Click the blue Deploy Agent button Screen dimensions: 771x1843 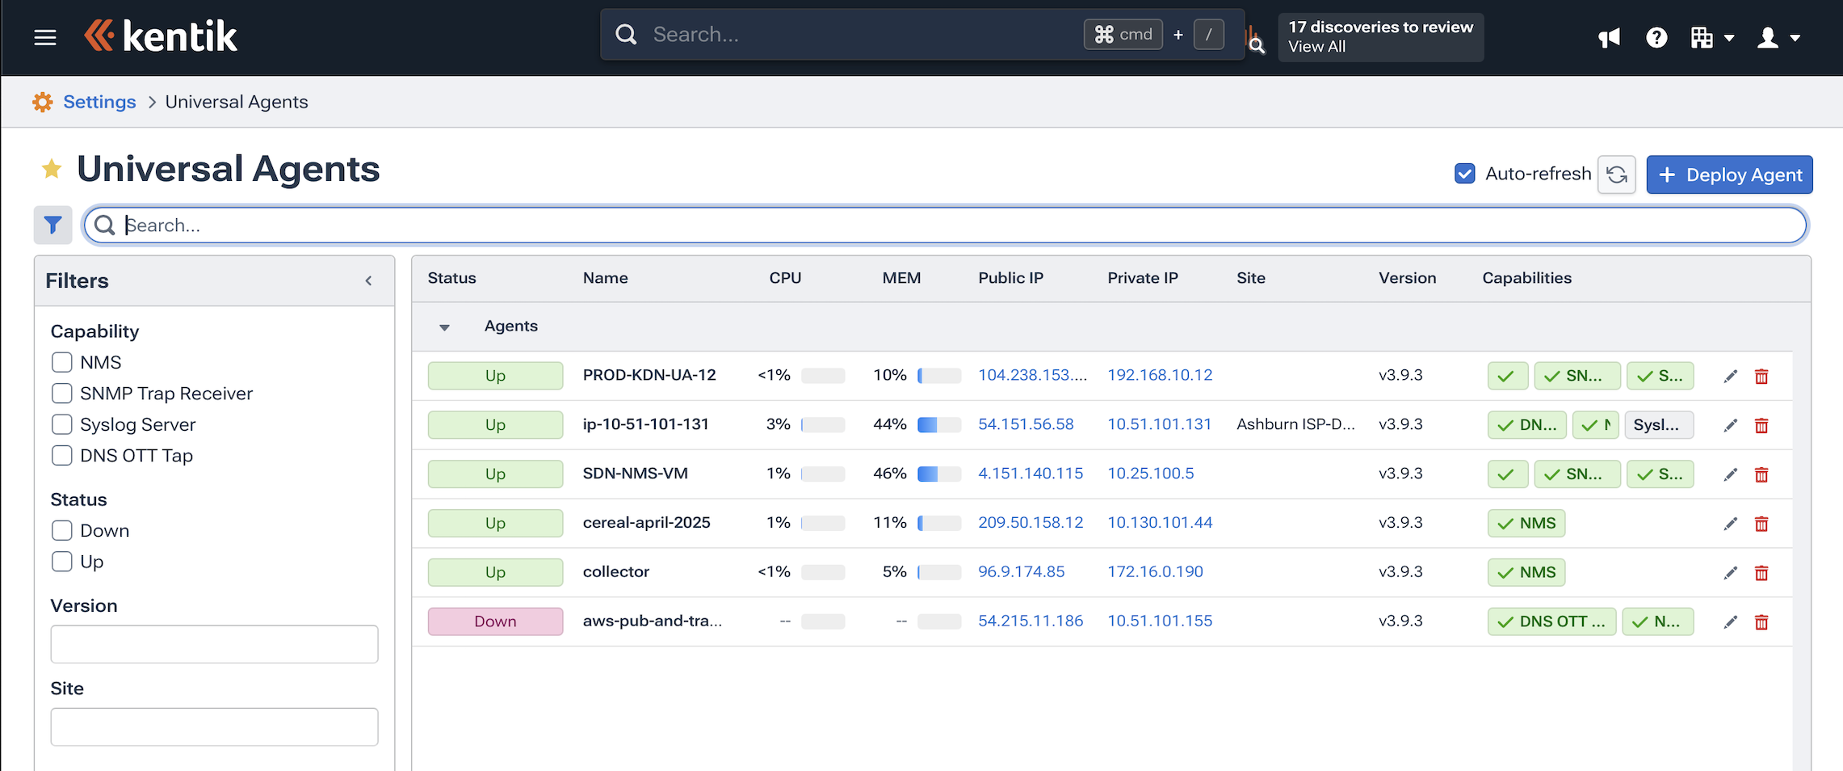click(x=1729, y=175)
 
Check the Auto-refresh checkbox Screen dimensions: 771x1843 click(x=1464, y=174)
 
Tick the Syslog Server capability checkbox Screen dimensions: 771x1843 click(x=62, y=424)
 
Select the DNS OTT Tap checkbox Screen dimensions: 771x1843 click(x=62, y=455)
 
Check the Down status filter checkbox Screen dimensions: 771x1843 click(x=62, y=530)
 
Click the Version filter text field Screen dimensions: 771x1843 click(x=214, y=644)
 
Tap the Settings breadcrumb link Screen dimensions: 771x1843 click(x=99, y=102)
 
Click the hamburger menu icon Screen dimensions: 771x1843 click(x=45, y=37)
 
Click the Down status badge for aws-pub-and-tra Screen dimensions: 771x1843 click(x=495, y=621)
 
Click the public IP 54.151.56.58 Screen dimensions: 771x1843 click(x=1026, y=424)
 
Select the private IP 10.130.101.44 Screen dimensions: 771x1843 click(x=1159, y=523)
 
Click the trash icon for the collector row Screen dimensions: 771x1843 click(x=1761, y=573)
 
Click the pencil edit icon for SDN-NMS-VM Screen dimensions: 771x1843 click(x=1730, y=474)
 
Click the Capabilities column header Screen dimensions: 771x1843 click(x=1526, y=278)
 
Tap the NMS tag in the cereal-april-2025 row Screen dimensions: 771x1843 click(x=1526, y=524)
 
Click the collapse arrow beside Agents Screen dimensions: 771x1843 click(x=444, y=327)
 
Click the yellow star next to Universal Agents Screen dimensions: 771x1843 click(x=52, y=169)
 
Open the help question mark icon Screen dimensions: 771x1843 click(x=1656, y=38)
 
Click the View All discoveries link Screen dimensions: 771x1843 click(x=1316, y=47)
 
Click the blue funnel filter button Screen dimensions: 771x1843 click(x=53, y=225)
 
